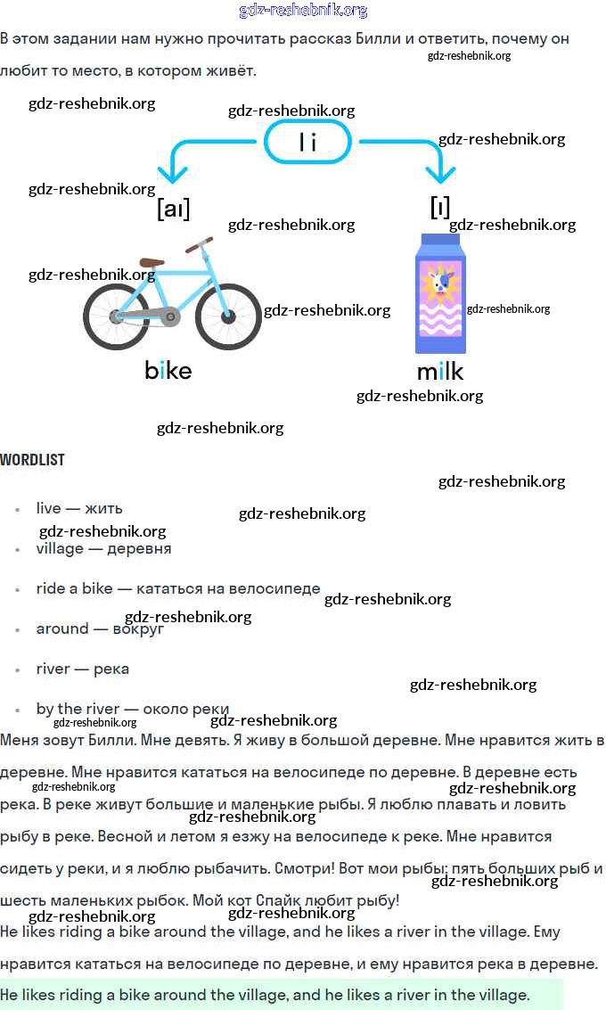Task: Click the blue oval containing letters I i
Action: (308, 142)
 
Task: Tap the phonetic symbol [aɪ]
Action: (173, 209)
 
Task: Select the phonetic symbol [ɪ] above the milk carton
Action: (439, 207)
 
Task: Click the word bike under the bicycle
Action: (168, 369)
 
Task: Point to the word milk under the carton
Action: (440, 370)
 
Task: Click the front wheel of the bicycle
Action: (228, 316)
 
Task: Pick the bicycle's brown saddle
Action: (152, 262)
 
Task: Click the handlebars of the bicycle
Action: (200, 242)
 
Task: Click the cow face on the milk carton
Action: (439, 284)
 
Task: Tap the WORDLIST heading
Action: (32, 460)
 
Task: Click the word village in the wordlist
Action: (60, 548)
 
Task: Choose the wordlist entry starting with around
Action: (100, 628)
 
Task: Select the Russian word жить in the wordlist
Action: (103, 508)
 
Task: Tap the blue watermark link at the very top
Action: (303, 11)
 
